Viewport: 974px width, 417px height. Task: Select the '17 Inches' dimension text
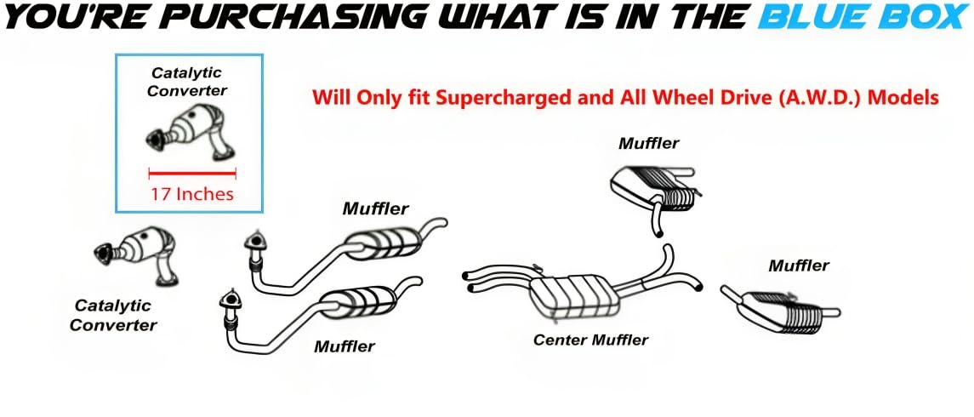[x=192, y=194]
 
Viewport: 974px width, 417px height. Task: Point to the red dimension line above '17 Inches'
[x=192, y=174]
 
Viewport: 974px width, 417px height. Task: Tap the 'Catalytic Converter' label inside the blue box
[x=188, y=82]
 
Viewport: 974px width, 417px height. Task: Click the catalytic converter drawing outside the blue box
[x=136, y=254]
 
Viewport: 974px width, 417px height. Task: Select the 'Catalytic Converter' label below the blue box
[x=112, y=315]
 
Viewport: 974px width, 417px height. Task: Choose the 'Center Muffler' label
[x=590, y=340]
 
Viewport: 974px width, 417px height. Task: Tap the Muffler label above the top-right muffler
[x=648, y=144]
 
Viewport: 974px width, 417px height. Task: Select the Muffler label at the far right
[x=798, y=266]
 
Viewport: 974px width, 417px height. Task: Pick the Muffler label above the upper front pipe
[x=376, y=208]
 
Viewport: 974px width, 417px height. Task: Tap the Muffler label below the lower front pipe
[x=345, y=346]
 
